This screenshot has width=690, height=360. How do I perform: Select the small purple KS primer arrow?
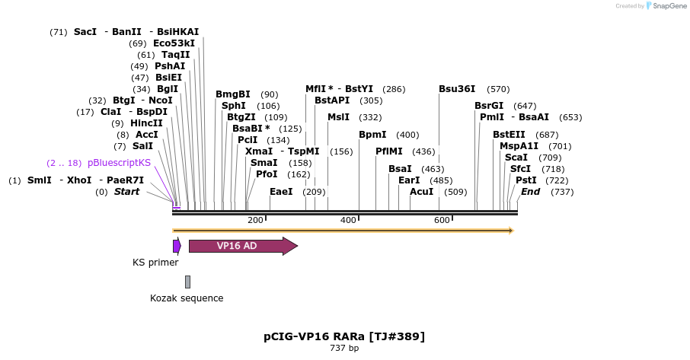click(177, 246)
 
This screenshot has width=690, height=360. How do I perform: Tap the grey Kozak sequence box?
click(187, 282)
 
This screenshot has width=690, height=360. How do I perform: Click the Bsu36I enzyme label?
click(457, 89)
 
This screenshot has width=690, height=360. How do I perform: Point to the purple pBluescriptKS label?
click(119, 163)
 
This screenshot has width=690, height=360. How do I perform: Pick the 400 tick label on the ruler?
click(348, 220)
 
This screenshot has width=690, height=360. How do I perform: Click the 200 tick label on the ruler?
click(255, 220)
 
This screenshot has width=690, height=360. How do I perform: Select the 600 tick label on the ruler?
click(442, 220)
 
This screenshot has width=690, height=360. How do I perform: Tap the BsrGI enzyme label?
click(489, 106)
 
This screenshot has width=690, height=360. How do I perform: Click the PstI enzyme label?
click(526, 180)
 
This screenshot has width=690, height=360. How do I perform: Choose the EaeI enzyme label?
click(281, 192)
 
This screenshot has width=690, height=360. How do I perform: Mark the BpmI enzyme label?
click(373, 135)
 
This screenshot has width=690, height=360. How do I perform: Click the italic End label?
click(530, 192)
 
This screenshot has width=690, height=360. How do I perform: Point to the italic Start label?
click(126, 192)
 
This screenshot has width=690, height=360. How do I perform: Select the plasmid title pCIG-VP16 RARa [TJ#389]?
click(344, 336)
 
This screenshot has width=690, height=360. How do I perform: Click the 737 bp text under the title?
click(344, 348)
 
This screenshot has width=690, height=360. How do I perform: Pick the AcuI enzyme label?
click(421, 192)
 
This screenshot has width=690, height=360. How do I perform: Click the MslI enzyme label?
click(338, 117)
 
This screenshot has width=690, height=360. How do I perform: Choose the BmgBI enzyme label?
click(232, 94)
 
